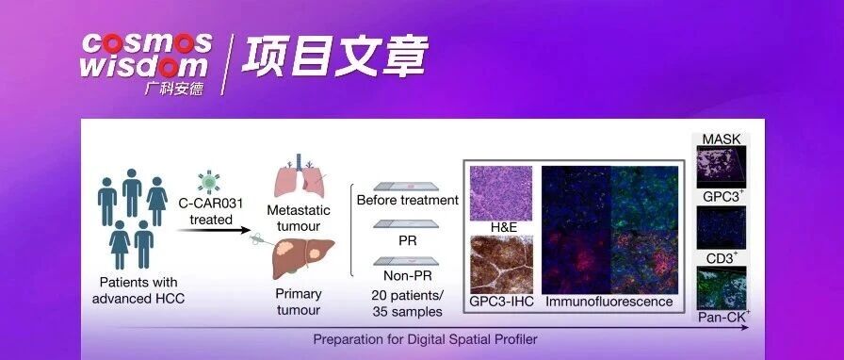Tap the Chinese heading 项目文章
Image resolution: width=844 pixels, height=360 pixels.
click(x=334, y=56)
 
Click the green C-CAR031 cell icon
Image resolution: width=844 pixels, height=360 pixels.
click(x=209, y=182)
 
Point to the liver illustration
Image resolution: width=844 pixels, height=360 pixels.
click(x=303, y=258)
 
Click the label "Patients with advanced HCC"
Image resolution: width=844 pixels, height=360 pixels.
click(x=138, y=290)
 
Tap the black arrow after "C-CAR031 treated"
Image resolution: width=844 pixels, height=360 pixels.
click(x=214, y=230)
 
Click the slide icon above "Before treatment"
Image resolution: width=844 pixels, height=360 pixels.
click(x=406, y=187)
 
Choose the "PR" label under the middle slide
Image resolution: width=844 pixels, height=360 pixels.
click(x=408, y=240)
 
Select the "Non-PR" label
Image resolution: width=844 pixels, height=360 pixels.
click(x=407, y=276)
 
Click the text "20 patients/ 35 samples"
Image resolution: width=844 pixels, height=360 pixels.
click(x=407, y=303)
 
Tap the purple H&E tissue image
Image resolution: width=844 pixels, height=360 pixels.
click(x=501, y=193)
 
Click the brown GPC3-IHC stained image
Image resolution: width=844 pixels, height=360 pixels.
click(x=501, y=265)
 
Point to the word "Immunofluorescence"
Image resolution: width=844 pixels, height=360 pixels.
click(x=609, y=302)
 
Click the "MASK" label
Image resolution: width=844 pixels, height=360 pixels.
click(x=722, y=139)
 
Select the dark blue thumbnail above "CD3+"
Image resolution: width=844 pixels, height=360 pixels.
click(x=722, y=228)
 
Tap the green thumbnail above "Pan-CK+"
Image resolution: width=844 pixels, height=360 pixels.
click(x=722, y=287)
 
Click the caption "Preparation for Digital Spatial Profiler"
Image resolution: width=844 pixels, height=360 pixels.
click(x=425, y=339)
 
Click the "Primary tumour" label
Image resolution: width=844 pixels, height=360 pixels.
click(x=298, y=302)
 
